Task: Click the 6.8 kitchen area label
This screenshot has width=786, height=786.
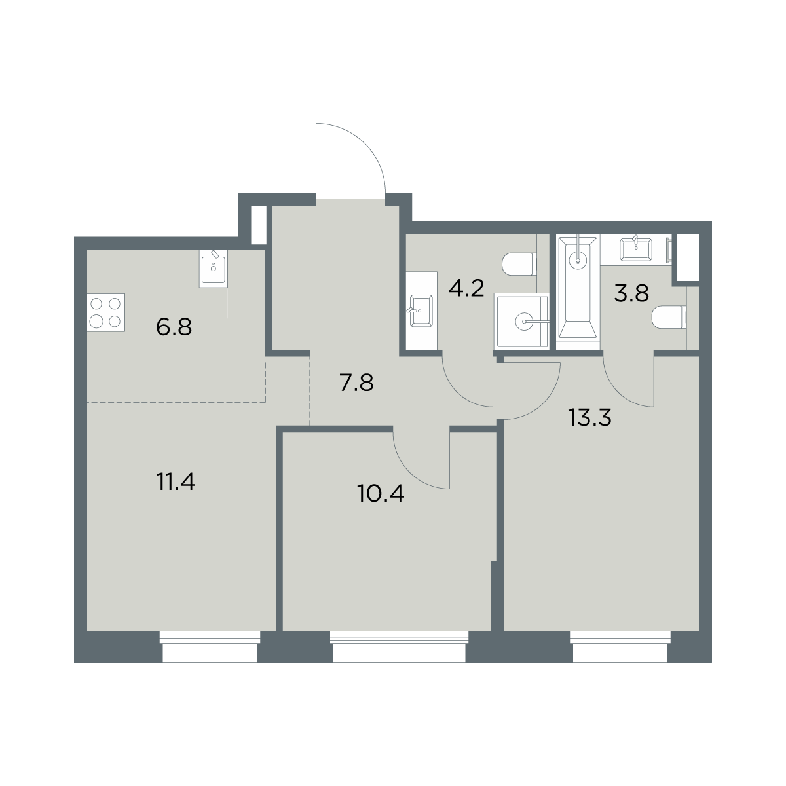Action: coord(174,327)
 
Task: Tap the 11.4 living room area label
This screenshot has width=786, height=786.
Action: coord(176,481)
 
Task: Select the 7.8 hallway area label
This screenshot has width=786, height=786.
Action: coord(356,383)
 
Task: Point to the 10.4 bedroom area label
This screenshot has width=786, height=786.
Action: coord(380,494)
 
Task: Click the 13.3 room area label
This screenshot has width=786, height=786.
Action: coord(589,418)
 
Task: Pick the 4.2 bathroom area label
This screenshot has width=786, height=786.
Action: coord(466,290)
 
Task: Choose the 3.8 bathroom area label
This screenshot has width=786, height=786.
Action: coord(631,293)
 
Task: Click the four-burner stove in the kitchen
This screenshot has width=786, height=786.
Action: coord(105,312)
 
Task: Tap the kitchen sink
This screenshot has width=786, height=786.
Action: coord(214,269)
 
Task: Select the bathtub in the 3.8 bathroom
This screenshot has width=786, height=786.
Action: coord(578,291)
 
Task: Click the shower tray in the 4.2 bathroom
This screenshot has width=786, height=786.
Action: coord(521,321)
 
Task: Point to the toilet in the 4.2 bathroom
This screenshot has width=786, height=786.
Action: coord(519,265)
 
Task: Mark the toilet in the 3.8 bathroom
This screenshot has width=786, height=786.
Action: coord(669,317)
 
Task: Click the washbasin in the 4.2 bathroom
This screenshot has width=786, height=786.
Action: coord(421,311)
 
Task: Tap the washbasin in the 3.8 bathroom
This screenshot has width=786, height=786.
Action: coord(636,248)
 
